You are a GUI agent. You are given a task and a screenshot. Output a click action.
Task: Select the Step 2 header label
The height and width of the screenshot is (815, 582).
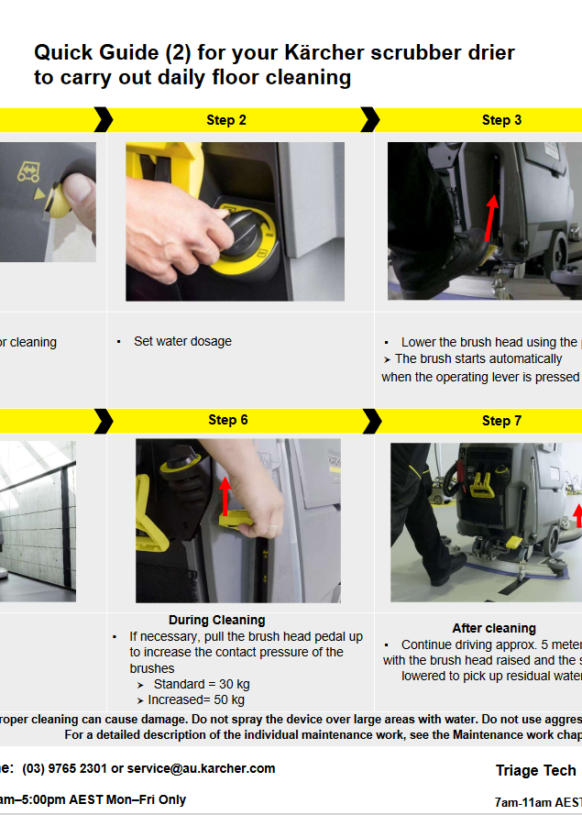(226, 120)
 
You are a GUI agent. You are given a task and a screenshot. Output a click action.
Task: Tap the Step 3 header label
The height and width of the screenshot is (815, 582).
(501, 120)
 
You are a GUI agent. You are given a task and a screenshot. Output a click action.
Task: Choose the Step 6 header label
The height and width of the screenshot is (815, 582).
(227, 420)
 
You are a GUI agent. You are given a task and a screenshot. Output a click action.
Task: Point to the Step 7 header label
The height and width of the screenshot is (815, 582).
(501, 421)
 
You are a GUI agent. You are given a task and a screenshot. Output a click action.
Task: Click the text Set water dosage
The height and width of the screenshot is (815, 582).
(182, 341)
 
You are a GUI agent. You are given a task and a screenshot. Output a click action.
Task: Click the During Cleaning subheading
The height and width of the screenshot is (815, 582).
(217, 620)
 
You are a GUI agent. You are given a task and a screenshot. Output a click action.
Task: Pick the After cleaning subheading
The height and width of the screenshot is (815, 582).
(494, 628)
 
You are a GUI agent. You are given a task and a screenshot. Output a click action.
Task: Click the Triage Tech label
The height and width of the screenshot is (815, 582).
(536, 770)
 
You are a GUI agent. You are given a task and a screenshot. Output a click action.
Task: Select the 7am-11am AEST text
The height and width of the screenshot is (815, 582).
(537, 801)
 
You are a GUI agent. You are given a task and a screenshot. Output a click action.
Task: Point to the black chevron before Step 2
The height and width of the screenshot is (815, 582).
(103, 120)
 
